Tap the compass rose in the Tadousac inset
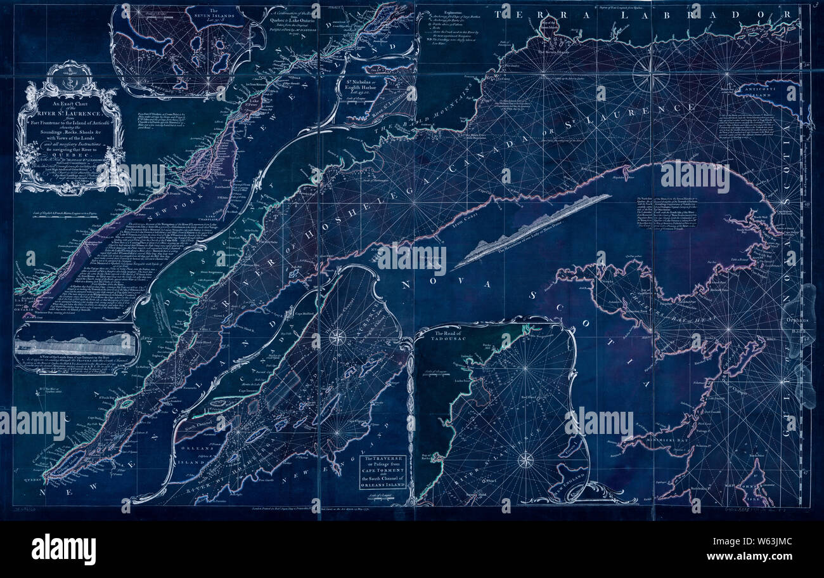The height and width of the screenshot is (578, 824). pos(525,459)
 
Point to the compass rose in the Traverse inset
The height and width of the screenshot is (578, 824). pos(337,336)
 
